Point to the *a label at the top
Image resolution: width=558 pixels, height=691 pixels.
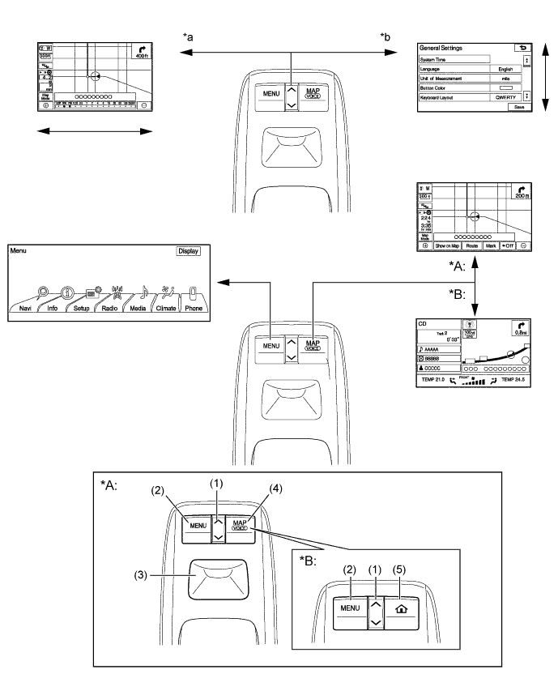(188, 36)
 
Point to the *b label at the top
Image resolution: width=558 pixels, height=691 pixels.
(385, 36)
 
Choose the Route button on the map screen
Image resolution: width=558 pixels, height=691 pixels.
(471, 244)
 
